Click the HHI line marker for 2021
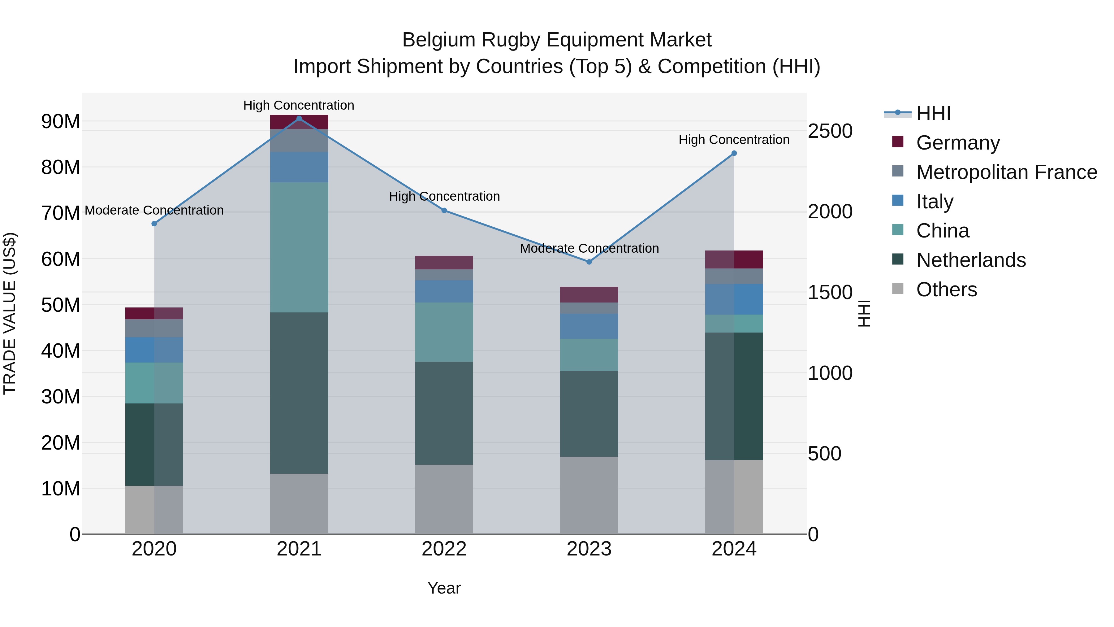pyautogui.click(x=299, y=118)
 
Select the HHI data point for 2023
pyautogui.click(x=589, y=262)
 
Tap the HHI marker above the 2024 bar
pyautogui.click(x=734, y=153)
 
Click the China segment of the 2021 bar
pyautogui.click(x=299, y=247)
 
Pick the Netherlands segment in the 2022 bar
pyautogui.click(x=444, y=413)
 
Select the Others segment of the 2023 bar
pyautogui.click(x=589, y=495)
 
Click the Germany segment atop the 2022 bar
pyautogui.click(x=444, y=263)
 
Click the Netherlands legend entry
pyautogui.click(x=970, y=260)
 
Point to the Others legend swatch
pyautogui.click(x=898, y=289)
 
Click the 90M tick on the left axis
pyautogui.click(x=61, y=122)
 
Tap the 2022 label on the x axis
pyautogui.click(x=444, y=549)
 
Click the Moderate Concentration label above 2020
pyautogui.click(x=154, y=210)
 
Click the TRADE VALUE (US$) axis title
pyautogui.click(x=10, y=313)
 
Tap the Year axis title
pyautogui.click(x=444, y=588)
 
